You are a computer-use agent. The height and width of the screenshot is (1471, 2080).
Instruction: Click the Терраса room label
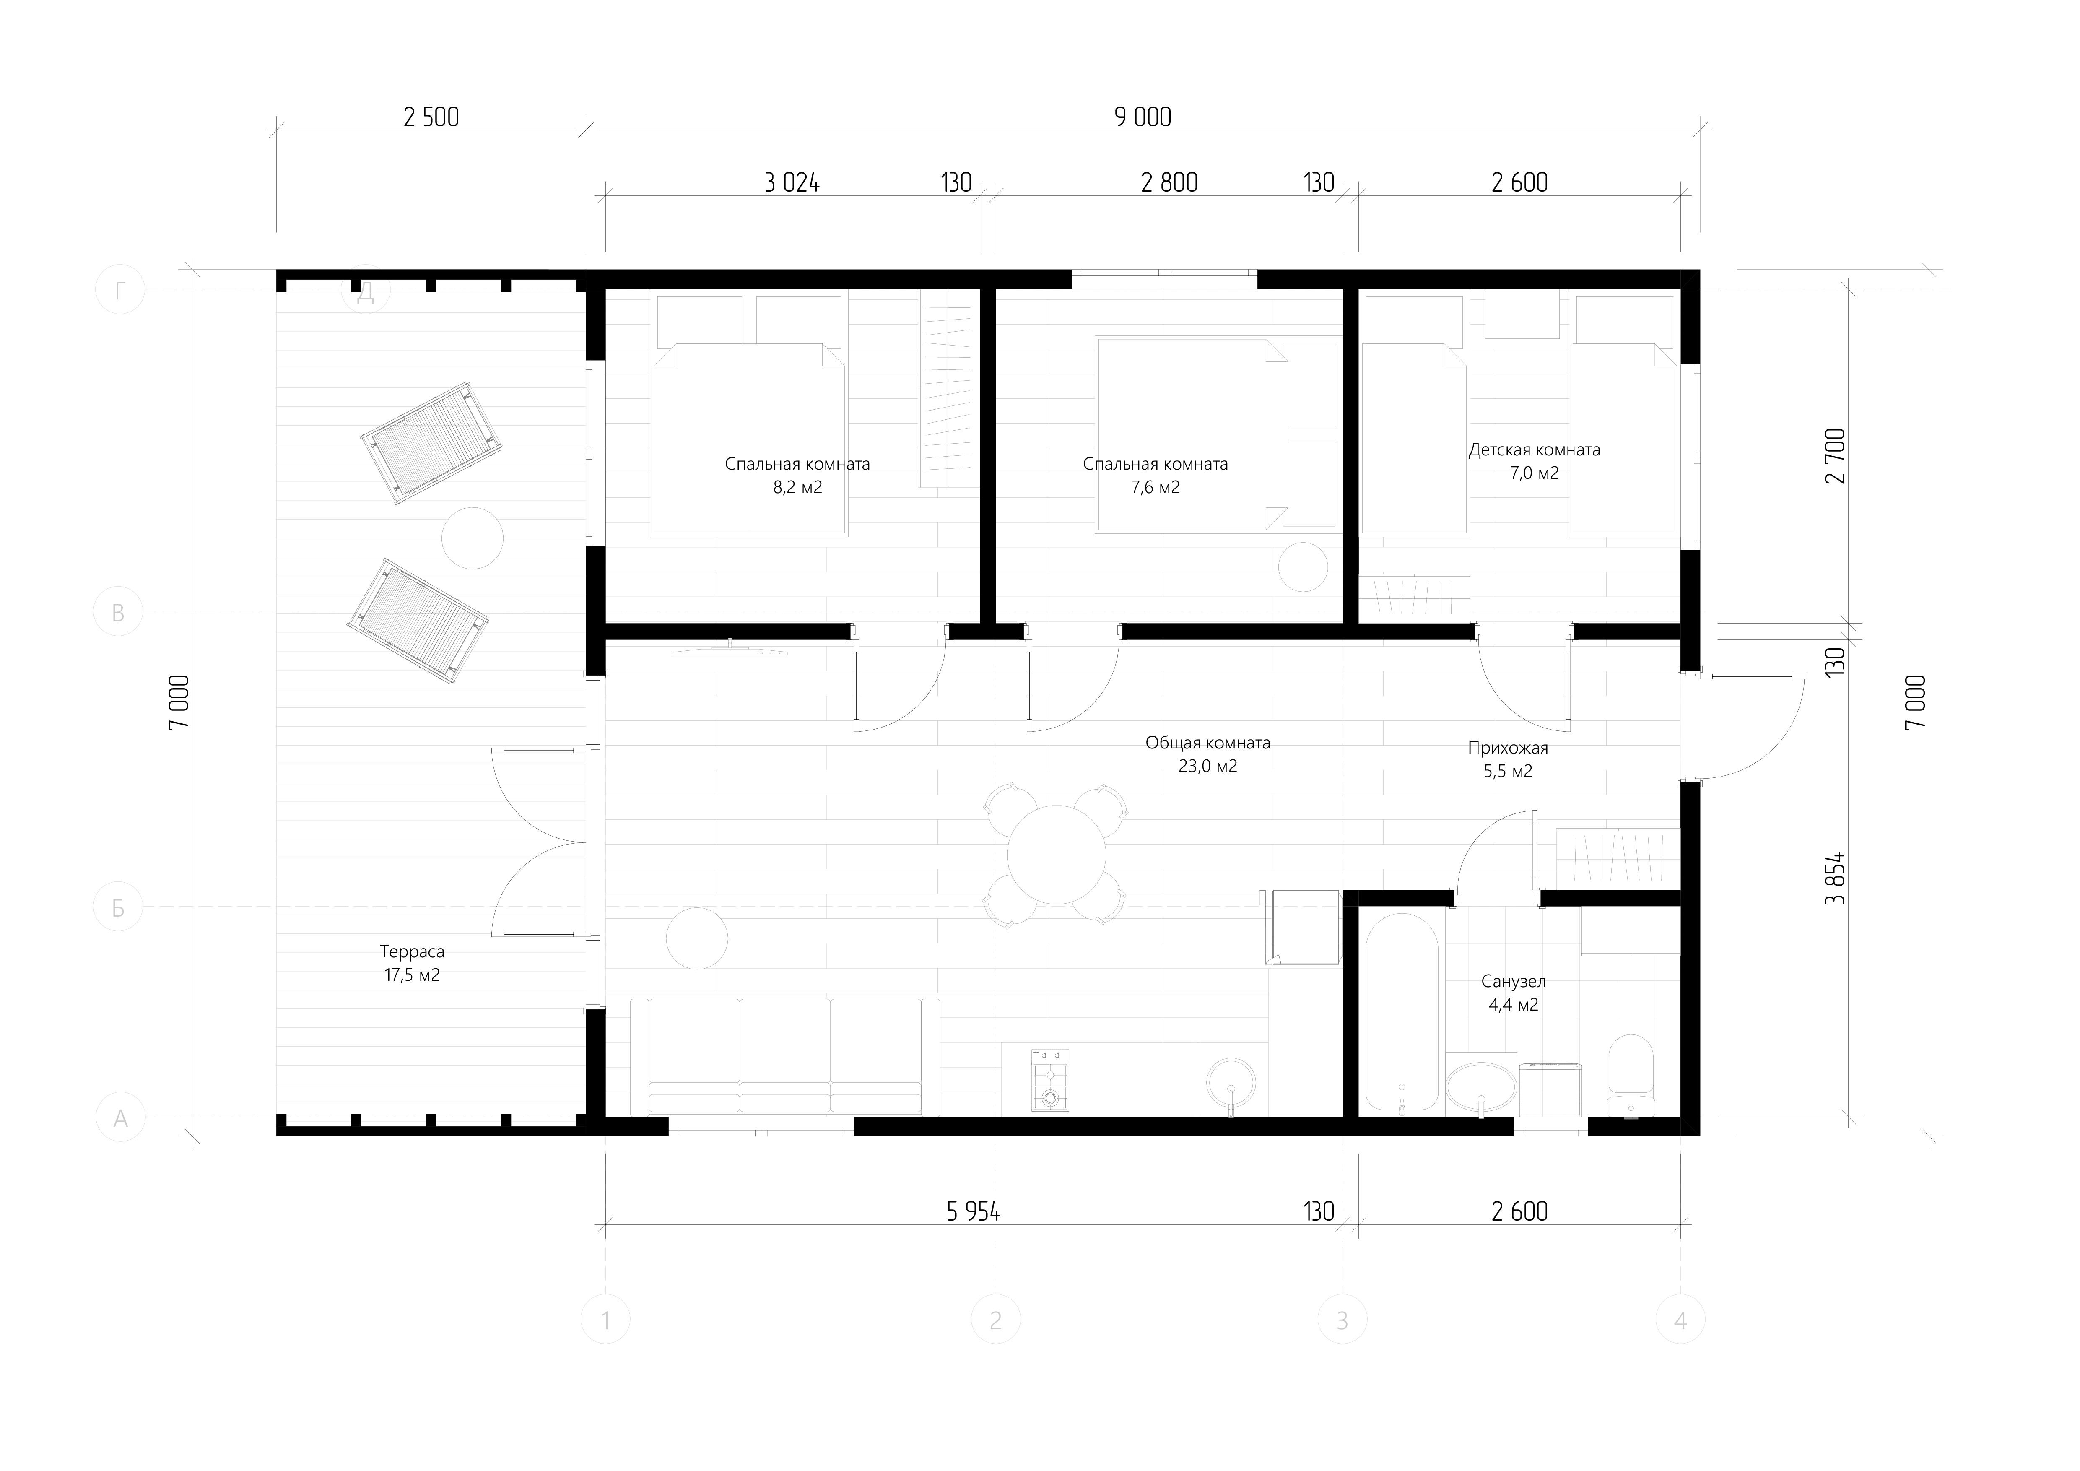(x=412, y=952)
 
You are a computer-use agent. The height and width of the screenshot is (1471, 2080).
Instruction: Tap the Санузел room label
(x=1513, y=981)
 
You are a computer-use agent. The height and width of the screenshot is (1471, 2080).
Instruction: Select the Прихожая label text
(x=1507, y=748)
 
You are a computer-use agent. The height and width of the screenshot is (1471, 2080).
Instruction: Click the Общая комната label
(x=1207, y=743)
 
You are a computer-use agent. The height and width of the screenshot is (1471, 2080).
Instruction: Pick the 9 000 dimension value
(x=1143, y=117)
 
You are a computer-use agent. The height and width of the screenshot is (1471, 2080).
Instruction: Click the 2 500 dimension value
(x=431, y=117)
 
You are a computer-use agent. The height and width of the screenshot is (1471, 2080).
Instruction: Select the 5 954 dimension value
(x=973, y=1211)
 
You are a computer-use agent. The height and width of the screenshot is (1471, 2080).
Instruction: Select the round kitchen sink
(x=1231, y=1083)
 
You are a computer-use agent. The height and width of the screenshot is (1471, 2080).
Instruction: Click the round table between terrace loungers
(x=472, y=538)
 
